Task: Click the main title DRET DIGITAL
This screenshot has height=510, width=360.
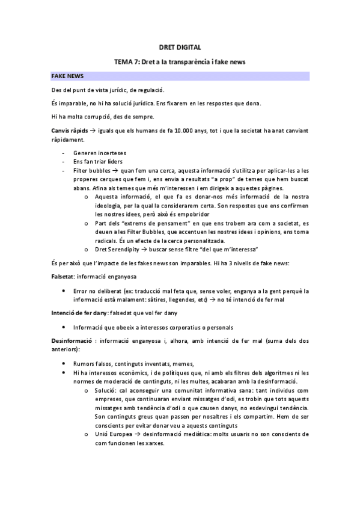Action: tap(180, 46)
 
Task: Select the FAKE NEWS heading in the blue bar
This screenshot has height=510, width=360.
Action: tap(67, 76)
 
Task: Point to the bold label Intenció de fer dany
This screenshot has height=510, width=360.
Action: tap(79, 313)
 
